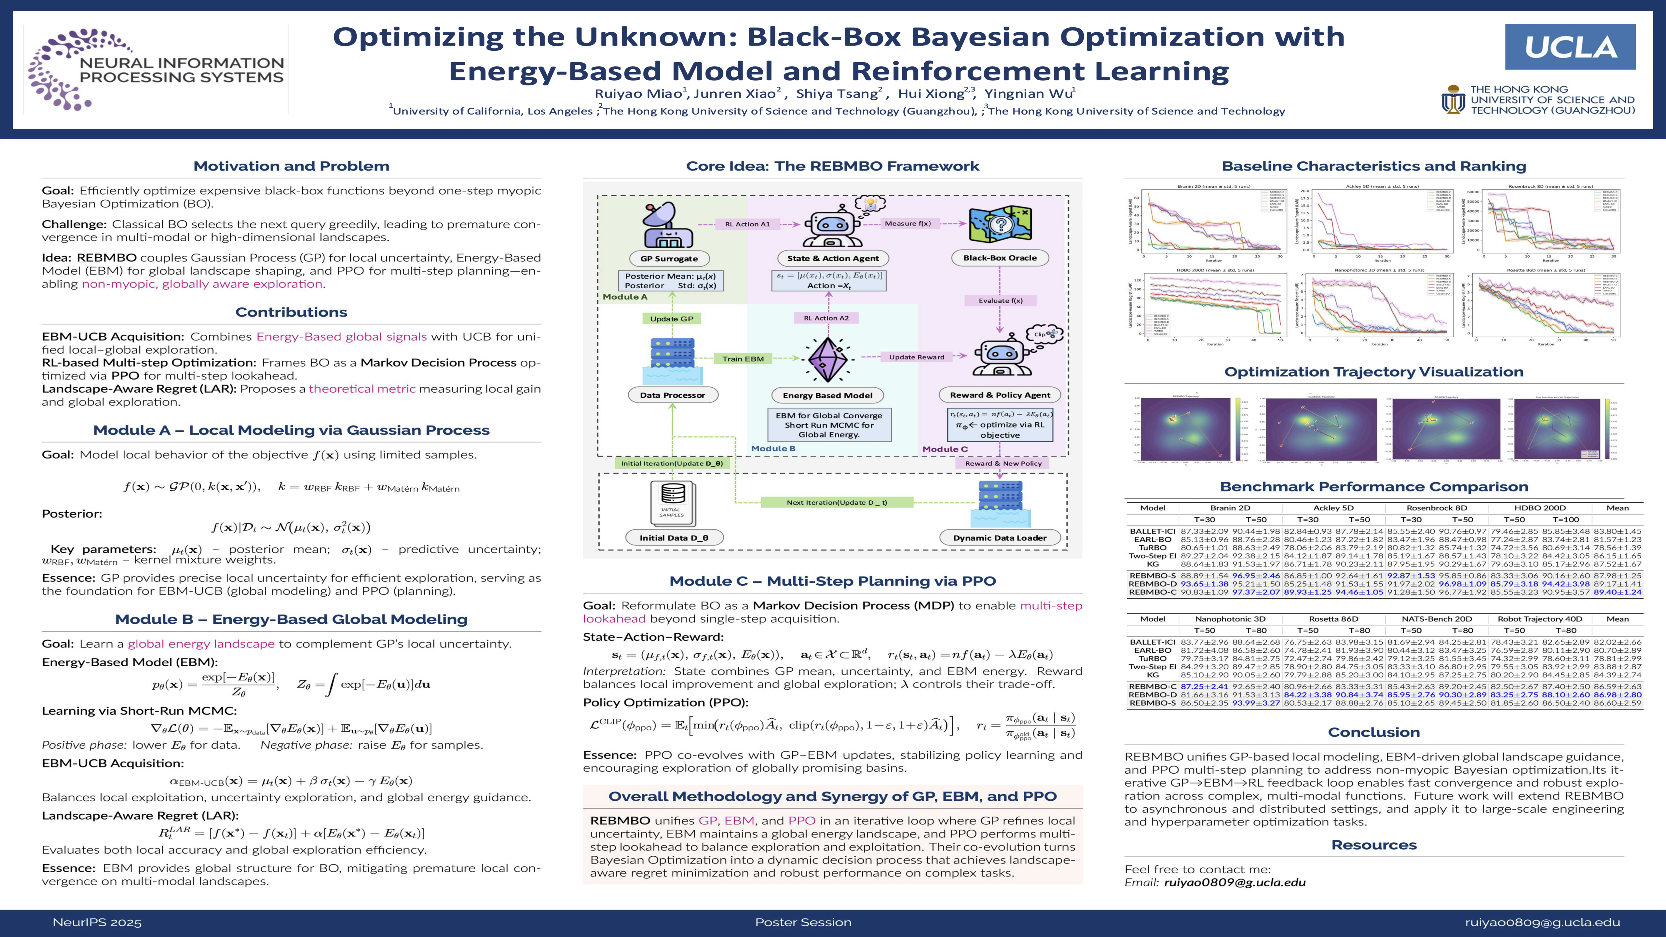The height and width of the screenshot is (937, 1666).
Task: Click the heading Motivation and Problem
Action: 291,166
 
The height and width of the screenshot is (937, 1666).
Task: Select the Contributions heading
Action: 291,312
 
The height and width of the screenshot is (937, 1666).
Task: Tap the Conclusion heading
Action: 1374,732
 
